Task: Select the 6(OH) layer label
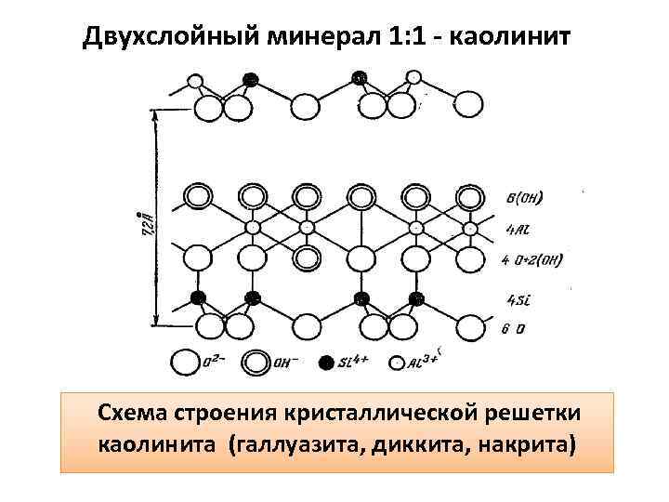pyautogui.click(x=526, y=197)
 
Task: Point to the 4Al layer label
pyautogui.click(x=518, y=228)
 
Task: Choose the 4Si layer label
pyautogui.click(x=518, y=298)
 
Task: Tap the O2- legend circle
pyautogui.click(x=185, y=363)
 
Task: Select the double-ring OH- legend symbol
pyautogui.click(x=257, y=363)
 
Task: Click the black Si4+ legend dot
pyautogui.click(x=325, y=362)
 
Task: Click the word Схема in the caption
pyautogui.click(x=137, y=412)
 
